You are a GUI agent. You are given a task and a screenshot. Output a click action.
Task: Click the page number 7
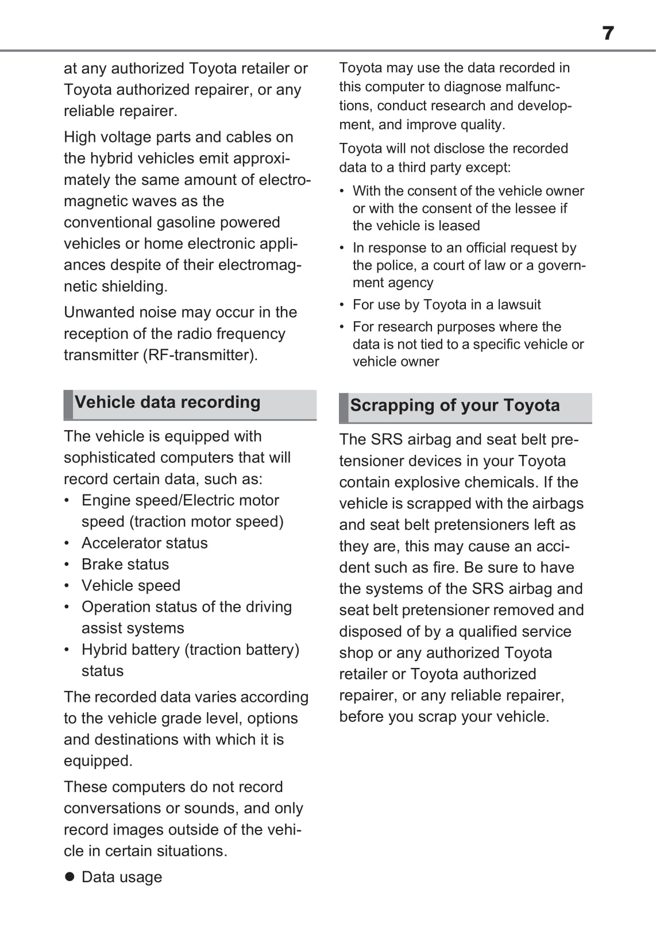point(608,33)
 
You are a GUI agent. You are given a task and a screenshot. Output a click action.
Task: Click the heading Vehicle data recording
point(167,402)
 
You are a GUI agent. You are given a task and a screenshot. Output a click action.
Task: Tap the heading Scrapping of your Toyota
point(454,406)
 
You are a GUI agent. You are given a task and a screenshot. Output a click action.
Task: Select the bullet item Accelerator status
point(144,543)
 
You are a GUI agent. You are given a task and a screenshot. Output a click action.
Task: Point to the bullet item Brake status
point(125,564)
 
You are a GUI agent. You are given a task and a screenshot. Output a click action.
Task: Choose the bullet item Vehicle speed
point(131,585)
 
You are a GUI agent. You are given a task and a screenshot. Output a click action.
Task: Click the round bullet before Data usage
point(70,876)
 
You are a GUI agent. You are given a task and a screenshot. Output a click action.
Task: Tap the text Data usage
point(122,877)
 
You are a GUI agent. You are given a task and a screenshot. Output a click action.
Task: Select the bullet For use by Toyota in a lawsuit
point(446,304)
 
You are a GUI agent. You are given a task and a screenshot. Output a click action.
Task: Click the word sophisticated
point(114,457)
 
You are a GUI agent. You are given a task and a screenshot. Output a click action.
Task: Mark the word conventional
point(107,222)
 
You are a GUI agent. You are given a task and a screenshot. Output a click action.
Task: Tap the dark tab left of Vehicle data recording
point(68,404)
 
